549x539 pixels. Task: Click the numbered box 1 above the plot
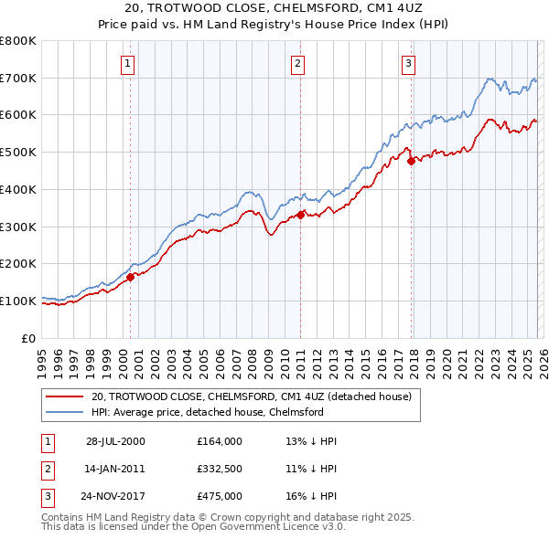127,64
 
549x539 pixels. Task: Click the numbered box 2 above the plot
298,64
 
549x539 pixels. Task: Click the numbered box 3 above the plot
408,64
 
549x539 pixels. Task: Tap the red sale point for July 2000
131,277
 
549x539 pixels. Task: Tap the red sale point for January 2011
300,216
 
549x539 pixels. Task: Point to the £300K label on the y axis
20,227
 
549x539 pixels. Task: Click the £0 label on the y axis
29,338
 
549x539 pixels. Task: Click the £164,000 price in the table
219,441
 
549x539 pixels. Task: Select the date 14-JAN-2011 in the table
116,469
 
